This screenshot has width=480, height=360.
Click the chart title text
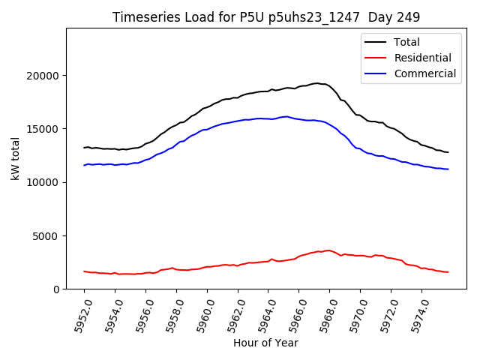[x=266, y=17]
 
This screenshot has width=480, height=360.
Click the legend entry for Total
[x=406, y=42]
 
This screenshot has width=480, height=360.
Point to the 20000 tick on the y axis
[x=43, y=76]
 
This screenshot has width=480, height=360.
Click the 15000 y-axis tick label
[x=43, y=129]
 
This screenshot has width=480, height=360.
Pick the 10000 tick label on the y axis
[x=43, y=182]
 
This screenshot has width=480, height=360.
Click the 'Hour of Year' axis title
[x=265, y=343]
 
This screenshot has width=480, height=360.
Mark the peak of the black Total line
[x=317, y=83]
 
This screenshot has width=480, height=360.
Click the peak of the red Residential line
[x=328, y=250]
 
